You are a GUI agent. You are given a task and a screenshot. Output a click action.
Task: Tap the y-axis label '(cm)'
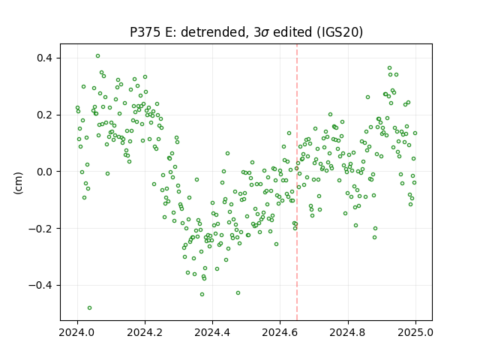point(18,183)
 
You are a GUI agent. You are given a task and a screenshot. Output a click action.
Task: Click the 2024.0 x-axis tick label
point(77,332)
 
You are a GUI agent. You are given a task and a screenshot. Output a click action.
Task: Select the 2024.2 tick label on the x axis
point(145,332)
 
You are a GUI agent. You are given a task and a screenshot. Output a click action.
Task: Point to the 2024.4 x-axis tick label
point(212,332)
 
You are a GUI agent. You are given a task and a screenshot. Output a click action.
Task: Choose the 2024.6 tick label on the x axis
point(280,332)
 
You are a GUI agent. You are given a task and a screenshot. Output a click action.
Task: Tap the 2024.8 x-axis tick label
point(348,332)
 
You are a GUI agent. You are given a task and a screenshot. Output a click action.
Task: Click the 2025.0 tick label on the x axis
point(415,332)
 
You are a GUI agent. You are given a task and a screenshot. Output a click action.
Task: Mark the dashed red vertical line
point(297,182)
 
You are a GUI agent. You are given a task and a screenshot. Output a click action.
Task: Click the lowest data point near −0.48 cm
point(89,307)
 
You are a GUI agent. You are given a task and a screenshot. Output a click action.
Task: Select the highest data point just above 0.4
point(97,56)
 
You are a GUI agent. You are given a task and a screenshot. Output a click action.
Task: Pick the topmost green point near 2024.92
point(389,68)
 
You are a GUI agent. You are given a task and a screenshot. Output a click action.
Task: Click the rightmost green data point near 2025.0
point(415,133)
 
